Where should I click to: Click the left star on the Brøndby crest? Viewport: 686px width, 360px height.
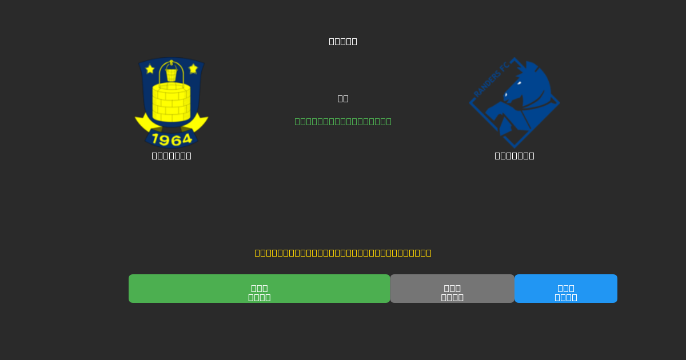pyautogui.click(x=150, y=69)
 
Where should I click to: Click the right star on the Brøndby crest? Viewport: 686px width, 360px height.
pyautogui.click(x=193, y=69)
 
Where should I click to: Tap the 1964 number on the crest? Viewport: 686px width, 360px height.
pyautogui.click(x=171, y=139)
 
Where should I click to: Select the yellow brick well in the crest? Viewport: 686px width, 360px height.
pyautogui.click(x=171, y=102)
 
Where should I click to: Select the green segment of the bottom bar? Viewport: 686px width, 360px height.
pyautogui.click(x=259, y=289)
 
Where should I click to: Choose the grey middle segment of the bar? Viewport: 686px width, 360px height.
pyautogui.click(x=452, y=289)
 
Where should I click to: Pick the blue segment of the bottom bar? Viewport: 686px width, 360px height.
pyautogui.click(x=566, y=289)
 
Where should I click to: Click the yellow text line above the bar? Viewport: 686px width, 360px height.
pyautogui.click(x=343, y=253)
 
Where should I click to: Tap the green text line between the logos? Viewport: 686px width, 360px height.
pyautogui.click(x=343, y=121)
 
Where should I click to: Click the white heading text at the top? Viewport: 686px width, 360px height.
pyautogui.click(x=343, y=41)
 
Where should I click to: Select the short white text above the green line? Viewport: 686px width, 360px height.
pyautogui.click(x=343, y=98)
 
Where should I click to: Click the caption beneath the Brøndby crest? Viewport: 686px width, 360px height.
pyautogui.click(x=171, y=155)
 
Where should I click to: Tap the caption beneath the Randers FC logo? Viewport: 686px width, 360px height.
pyautogui.click(x=514, y=155)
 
